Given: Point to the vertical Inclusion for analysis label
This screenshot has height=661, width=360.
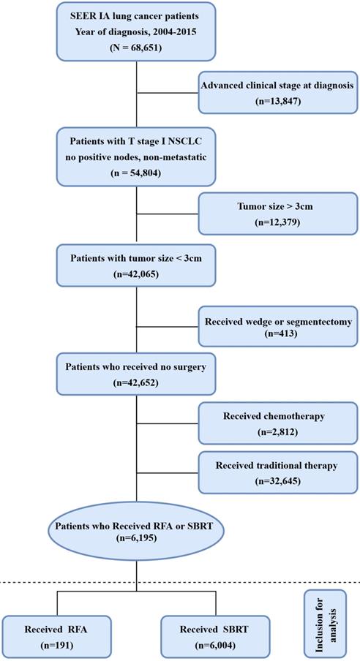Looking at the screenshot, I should [x=325, y=625].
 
